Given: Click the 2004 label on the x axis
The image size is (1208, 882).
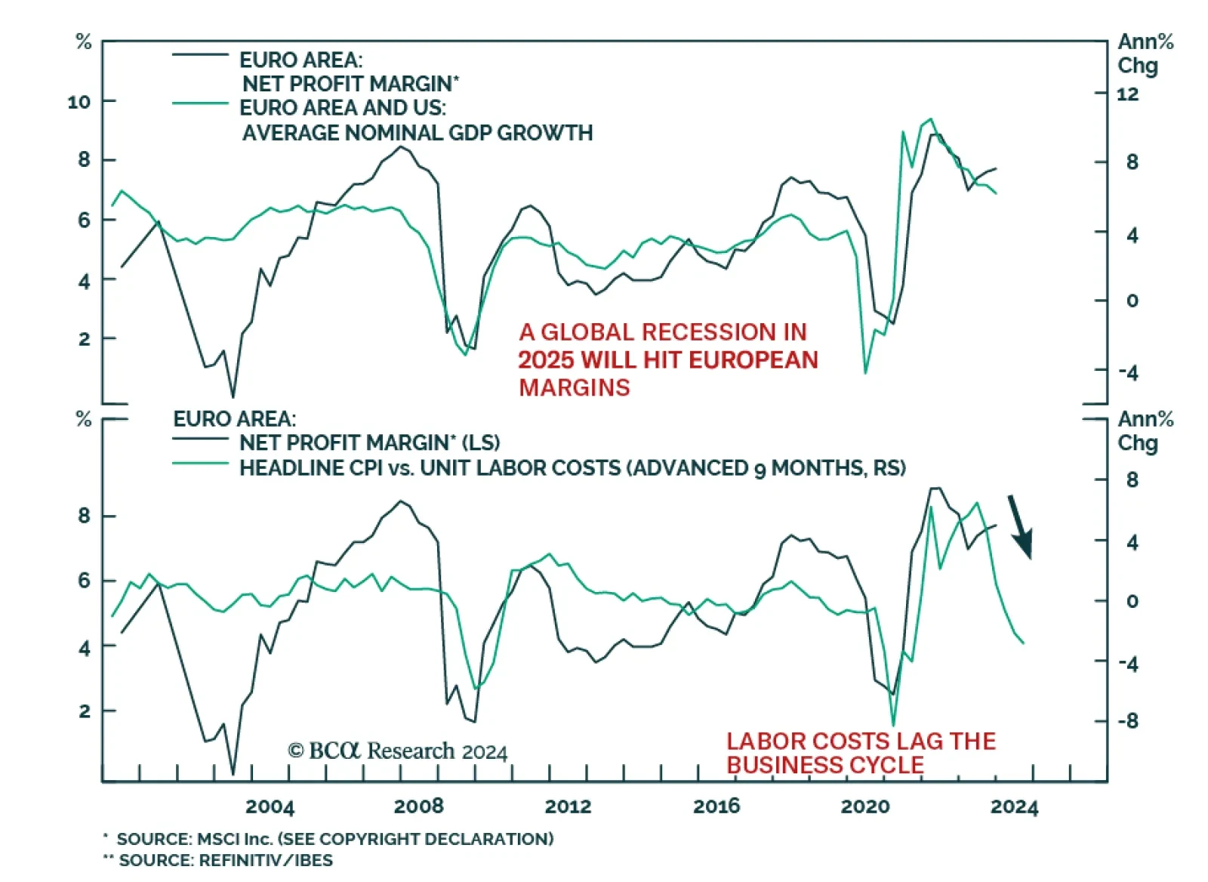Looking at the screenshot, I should (270, 806).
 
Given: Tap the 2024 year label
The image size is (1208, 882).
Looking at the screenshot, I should (1014, 806).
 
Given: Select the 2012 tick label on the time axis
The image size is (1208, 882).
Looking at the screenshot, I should (568, 806).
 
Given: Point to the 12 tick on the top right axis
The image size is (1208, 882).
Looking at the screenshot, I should (1127, 94).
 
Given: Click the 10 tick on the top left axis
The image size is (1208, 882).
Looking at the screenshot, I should (79, 101).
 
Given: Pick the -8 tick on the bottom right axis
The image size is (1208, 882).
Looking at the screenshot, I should (1128, 721).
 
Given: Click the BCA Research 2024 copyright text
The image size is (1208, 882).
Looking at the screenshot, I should (398, 751).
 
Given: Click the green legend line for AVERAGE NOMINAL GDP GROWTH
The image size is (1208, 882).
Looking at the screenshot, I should (200, 103).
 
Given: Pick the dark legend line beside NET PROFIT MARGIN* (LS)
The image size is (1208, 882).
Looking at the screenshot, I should (200, 439).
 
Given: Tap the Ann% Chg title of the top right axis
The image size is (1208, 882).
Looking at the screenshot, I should (1145, 54).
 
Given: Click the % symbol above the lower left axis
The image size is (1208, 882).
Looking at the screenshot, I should (84, 419).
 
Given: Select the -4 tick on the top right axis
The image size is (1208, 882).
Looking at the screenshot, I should (1128, 372).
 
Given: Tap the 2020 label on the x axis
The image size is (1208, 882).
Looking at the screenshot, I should (865, 806).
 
